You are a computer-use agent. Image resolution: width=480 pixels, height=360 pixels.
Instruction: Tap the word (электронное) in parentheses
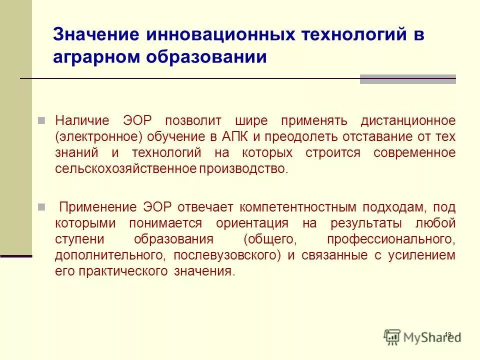(98, 136)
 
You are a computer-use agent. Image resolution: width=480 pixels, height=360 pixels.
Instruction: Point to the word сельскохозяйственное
(126, 168)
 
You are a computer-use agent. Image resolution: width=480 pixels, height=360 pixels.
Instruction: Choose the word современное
(414, 152)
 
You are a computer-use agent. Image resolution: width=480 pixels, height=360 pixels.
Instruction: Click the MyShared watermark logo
(422, 336)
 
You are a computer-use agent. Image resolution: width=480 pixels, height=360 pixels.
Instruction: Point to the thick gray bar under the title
(407, 79)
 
